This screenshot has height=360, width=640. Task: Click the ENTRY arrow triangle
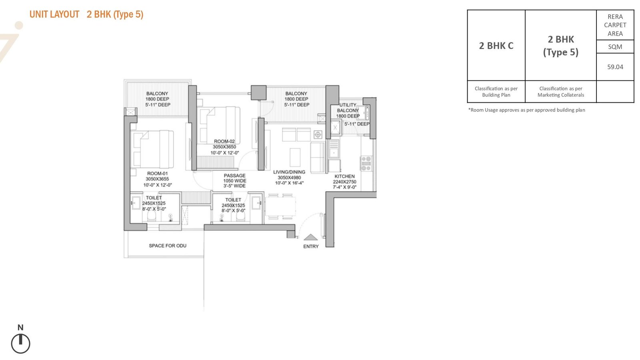[x=310, y=237]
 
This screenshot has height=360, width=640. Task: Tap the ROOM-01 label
[x=158, y=174]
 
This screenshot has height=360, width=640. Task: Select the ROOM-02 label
[x=224, y=141]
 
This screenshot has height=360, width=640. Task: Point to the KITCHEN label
[x=344, y=176]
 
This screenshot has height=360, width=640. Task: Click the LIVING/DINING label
[x=289, y=172]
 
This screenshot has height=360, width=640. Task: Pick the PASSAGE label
[x=234, y=176]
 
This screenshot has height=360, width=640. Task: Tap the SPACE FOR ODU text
[x=168, y=246]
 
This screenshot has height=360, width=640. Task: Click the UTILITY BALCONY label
[x=348, y=108]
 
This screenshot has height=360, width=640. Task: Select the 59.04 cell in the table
[x=615, y=67]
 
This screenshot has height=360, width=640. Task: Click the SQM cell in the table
[x=615, y=46]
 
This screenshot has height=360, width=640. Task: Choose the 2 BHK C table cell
[x=496, y=46]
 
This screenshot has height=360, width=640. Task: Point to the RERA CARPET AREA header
[x=615, y=25]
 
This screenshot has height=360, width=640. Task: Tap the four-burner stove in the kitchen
[x=366, y=164]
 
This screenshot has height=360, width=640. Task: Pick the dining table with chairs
[x=280, y=206]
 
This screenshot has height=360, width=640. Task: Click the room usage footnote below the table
[x=526, y=110]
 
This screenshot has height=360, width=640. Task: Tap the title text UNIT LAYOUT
[x=54, y=14]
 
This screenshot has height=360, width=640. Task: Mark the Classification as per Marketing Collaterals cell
[x=560, y=92]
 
